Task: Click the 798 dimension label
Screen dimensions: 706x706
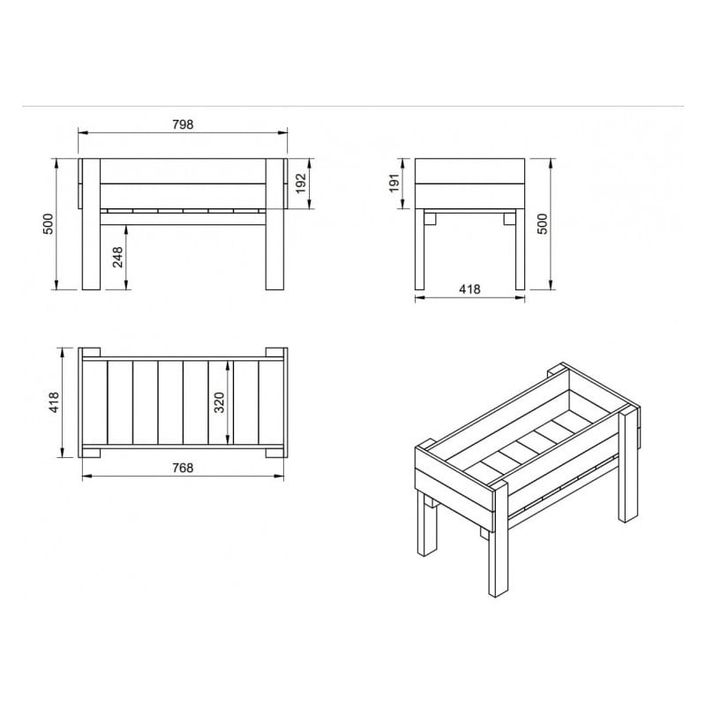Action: pos(183,124)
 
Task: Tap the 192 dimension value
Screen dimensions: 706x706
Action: pos(300,184)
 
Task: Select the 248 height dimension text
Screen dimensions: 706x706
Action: pos(117,257)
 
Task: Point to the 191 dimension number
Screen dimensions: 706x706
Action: pos(395,183)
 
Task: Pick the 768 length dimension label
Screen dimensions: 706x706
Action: pos(183,468)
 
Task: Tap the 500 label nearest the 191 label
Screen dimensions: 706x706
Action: pos(545,224)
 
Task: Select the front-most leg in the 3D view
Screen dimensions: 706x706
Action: pos(496,547)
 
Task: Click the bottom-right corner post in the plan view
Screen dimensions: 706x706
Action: pos(276,453)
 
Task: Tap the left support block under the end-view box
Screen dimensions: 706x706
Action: pos(431,217)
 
